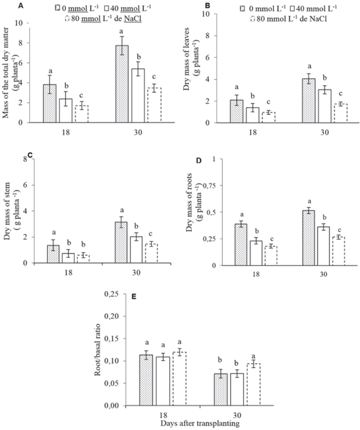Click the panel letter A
(5, 5)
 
